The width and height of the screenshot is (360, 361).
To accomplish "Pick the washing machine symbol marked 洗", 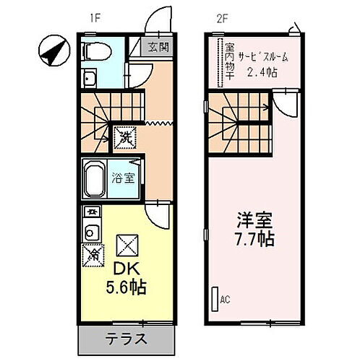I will point(124,134).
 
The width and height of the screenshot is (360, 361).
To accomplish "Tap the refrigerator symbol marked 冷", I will point(93,254).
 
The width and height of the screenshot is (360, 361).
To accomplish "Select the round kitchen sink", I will point(91,233).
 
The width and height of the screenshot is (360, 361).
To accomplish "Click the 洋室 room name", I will point(252,219).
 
